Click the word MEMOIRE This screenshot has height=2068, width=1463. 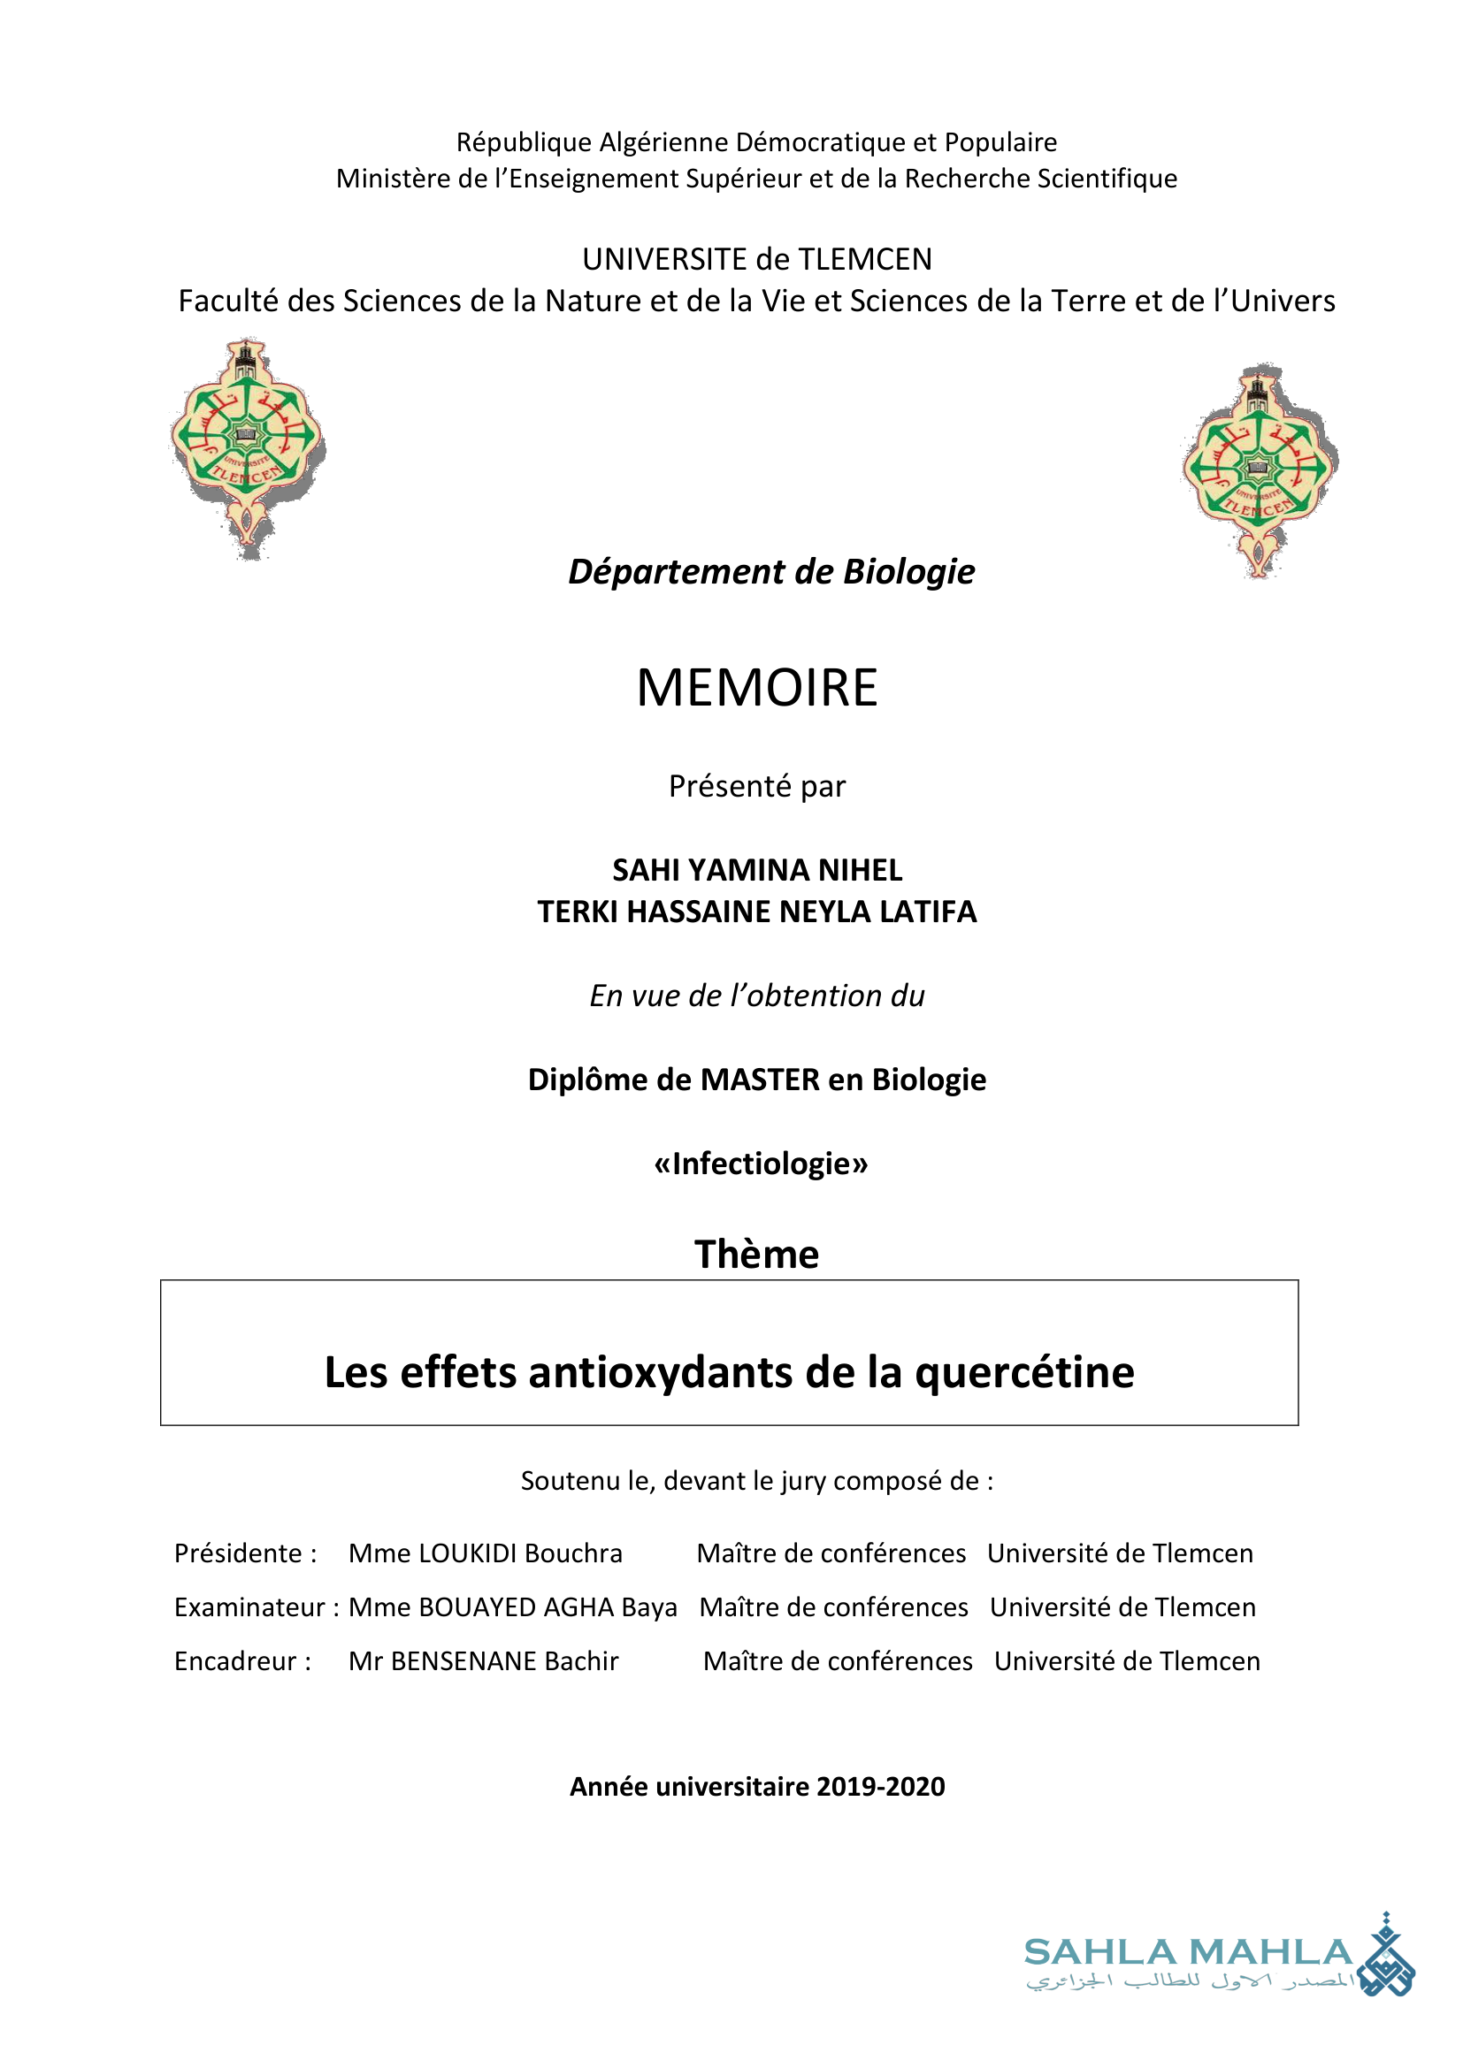coord(757,688)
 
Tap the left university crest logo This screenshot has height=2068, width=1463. coord(247,447)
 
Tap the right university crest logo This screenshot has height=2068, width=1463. coord(1260,469)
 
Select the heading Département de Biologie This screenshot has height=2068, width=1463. coord(771,572)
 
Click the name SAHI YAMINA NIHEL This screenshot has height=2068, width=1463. coord(757,870)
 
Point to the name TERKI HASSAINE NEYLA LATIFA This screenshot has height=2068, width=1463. coord(757,912)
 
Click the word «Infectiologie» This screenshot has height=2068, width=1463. coord(761,1164)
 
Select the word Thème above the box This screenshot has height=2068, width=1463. coord(757,1254)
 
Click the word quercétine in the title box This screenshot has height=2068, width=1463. coord(1024,1373)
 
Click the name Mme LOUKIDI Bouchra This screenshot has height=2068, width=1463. coord(486,1553)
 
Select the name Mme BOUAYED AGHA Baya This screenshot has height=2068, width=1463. coord(513,1607)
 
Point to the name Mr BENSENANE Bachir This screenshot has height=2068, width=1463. coord(484,1661)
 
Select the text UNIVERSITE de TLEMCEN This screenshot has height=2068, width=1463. coord(757,259)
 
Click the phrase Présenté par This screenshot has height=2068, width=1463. coord(757,786)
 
